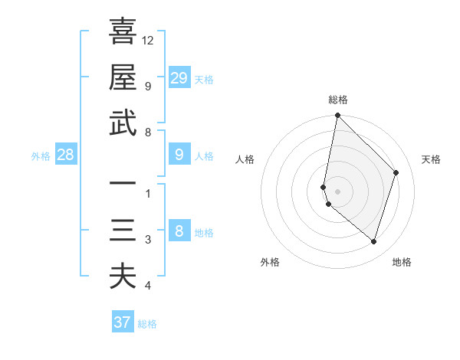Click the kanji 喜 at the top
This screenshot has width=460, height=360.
coord(123,32)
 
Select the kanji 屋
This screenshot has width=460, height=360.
coord(123,77)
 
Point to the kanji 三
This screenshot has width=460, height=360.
coord(123,231)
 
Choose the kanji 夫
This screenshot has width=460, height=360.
coord(123,276)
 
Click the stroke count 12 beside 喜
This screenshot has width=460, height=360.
coord(148,40)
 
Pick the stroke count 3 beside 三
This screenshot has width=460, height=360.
coord(148,241)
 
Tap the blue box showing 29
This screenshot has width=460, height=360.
coord(179,77)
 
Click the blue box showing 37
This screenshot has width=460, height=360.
coord(123,322)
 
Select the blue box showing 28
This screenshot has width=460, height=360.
coord(66,155)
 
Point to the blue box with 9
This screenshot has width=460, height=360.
coord(179,155)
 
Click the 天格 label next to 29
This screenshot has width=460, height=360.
coord(204,79)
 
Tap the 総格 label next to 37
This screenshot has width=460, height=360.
coord(147,324)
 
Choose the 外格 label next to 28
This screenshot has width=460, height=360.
coord(41,156)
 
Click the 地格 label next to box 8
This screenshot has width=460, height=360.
coord(204,233)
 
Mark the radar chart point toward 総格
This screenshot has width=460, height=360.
coord(337,116)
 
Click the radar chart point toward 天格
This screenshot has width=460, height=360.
coord(396,172)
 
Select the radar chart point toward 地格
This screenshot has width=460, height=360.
coord(373,241)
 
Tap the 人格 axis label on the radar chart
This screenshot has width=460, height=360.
coord(245,159)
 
